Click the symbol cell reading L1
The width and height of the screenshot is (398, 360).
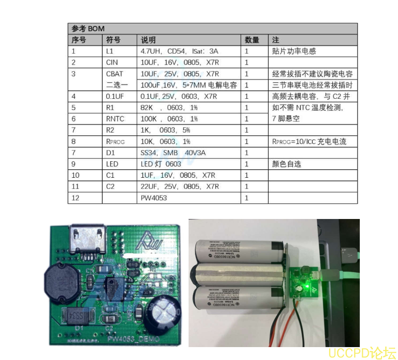[x=110, y=51]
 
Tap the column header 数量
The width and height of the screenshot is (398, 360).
[x=252, y=40]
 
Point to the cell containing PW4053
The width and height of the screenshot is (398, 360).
[x=154, y=198]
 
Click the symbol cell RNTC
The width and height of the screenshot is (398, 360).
[x=115, y=119]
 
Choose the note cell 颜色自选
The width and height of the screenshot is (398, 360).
[x=287, y=164]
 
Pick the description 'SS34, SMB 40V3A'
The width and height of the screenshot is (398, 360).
[x=172, y=153]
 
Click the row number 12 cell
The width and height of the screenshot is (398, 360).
[x=75, y=198]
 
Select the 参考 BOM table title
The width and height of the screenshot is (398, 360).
[x=88, y=28]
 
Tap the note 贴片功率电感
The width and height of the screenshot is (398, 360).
[x=294, y=51]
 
